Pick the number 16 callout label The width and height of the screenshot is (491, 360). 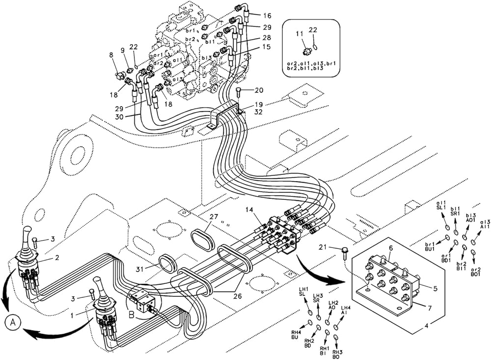click(267, 16)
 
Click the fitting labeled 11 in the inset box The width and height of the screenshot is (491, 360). click(306, 51)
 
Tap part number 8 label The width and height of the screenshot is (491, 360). click(111, 55)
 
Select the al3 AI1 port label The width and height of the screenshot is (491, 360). click(486, 224)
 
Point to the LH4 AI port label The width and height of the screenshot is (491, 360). click(346, 311)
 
